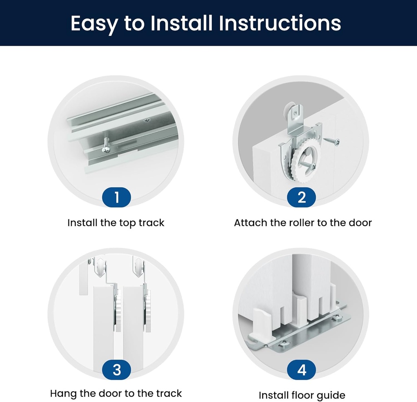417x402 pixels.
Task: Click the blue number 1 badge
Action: pos(116,198)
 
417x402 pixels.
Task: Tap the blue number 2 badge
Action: pos(301,198)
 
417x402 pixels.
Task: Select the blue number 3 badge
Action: pos(116,370)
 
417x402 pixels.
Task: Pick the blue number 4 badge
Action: pos(301,370)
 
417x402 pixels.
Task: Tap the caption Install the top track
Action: pos(116,223)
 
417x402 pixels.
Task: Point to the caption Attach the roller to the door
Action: pos(303,223)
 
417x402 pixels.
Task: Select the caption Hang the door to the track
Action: pos(116,393)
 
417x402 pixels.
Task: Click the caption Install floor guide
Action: pos(302,395)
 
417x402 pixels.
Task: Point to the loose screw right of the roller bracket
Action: pos(332,141)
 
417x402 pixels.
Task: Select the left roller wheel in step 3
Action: pos(101,268)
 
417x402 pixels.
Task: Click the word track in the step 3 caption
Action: pos(168,393)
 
